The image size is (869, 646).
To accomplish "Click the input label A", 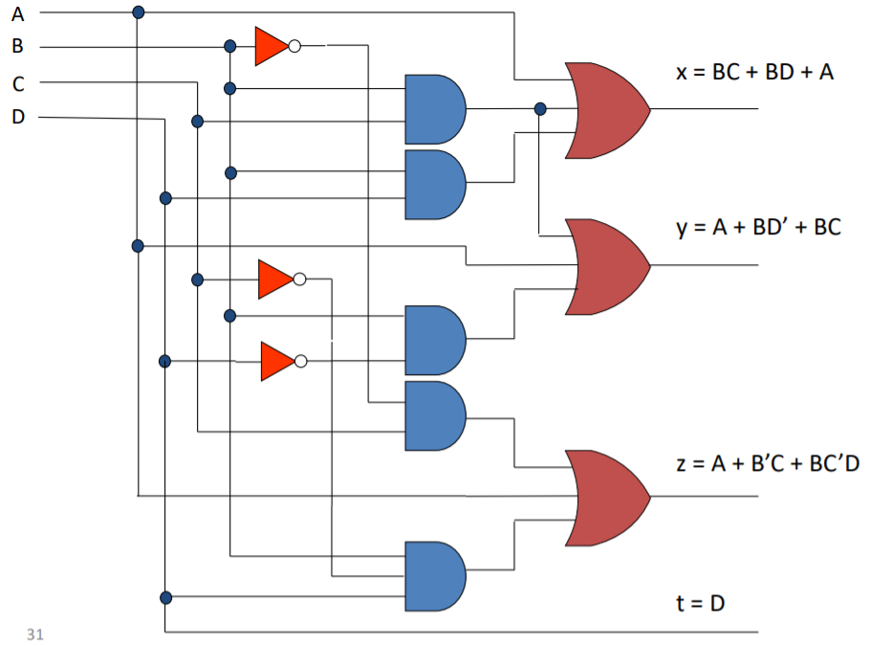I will pos(17,12).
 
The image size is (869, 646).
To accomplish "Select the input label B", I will pos(17,46).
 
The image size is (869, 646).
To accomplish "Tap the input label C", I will pos(18,83).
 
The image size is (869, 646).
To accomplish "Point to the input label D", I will pos(18,117).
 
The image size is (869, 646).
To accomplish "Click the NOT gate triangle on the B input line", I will pos(271,46).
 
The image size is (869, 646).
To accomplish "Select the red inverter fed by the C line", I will pos(274,279).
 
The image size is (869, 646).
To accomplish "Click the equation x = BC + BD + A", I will pos(754,73).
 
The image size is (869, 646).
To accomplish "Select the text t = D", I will pos(703,603).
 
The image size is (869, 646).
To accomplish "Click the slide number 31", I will pos(35,634).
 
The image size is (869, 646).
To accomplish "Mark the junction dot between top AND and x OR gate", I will pos(540,109).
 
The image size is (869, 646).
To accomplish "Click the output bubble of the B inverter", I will pos(294,46).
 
